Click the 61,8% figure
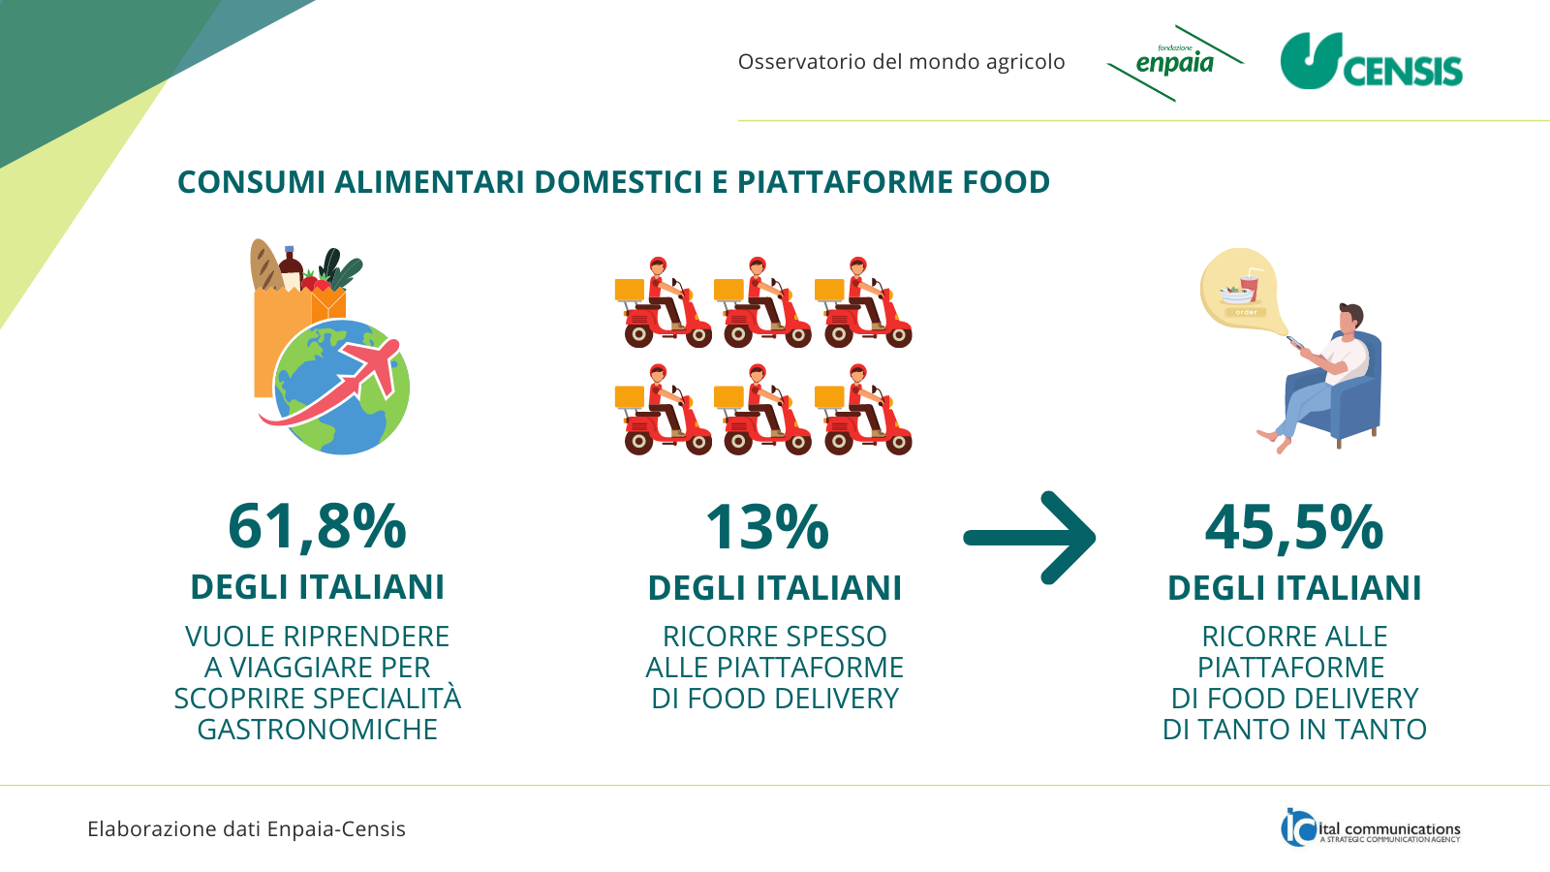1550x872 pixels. [317, 527]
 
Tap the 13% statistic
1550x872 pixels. [766, 527]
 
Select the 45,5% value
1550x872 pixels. [1294, 527]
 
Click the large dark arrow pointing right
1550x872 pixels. [1030, 538]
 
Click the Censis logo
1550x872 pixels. [1371, 62]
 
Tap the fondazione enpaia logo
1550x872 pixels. [1175, 63]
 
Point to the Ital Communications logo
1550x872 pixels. [1370, 827]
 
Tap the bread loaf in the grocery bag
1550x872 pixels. [265, 265]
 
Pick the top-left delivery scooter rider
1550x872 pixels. [663, 302]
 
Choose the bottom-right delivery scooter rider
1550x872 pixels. [863, 409]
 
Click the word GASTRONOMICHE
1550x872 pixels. [317, 730]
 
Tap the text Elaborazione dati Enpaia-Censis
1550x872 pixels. [246, 829]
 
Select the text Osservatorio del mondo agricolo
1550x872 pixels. [901, 62]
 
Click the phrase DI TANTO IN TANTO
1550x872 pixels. [1294, 730]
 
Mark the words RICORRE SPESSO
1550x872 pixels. [774, 637]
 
